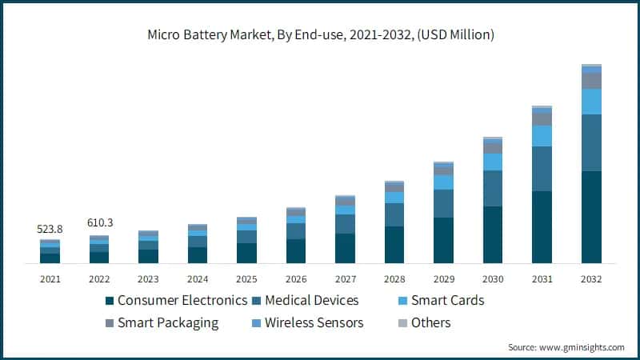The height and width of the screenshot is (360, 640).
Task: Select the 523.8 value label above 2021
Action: pos(50,229)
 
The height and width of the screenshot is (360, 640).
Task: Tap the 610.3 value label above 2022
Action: pos(99,222)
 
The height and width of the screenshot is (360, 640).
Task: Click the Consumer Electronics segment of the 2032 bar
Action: pos(591,217)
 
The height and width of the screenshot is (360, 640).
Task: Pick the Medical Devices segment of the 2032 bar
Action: pos(591,142)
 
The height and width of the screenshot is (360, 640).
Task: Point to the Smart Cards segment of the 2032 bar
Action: pos(591,102)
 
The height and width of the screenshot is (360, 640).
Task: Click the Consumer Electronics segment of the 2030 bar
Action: pos(493,234)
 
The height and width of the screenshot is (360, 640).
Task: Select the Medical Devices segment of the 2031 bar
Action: pos(542,169)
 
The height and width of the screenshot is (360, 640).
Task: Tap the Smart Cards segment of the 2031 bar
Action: pos(542,136)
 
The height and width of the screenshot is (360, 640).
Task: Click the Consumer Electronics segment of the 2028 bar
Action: pos(394,245)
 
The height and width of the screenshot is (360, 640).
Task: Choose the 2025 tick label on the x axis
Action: pos(246,279)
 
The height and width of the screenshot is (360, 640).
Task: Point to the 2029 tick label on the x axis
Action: pos(443,279)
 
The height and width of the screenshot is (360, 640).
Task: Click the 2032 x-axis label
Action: pos(591,279)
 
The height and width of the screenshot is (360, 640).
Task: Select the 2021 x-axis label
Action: pos(50,279)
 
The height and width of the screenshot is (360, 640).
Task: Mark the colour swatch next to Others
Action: pos(404,323)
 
